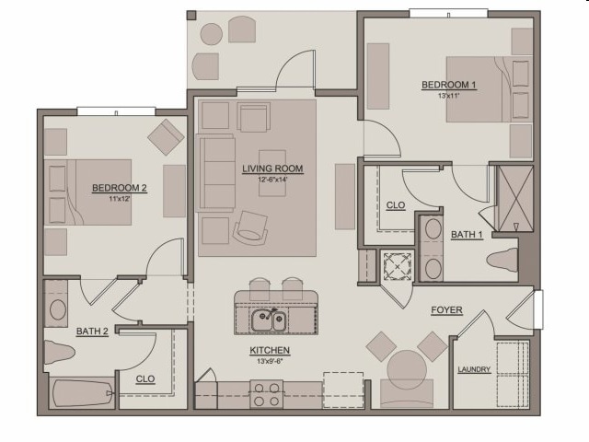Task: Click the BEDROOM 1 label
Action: tap(448, 85)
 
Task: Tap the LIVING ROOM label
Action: tap(272, 169)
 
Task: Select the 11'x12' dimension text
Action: tap(120, 199)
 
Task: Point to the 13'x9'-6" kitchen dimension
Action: tap(270, 362)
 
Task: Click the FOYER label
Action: tap(446, 310)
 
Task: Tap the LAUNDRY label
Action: tap(474, 369)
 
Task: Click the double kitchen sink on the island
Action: tap(269, 320)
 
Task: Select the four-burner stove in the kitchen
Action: tap(267, 394)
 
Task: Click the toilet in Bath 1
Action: tap(502, 260)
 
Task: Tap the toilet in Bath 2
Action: tap(59, 353)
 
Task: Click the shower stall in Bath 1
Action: tap(515, 199)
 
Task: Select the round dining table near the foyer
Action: tap(407, 370)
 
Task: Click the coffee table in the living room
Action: tap(272, 173)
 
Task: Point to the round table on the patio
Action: tap(212, 34)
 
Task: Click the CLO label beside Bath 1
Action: tap(396, 205)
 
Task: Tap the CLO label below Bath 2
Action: tap(145, 378)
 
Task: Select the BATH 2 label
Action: tap(92, 331)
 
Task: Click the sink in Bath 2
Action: tap(58, 309)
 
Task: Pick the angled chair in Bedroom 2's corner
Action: tap(166, 137)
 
